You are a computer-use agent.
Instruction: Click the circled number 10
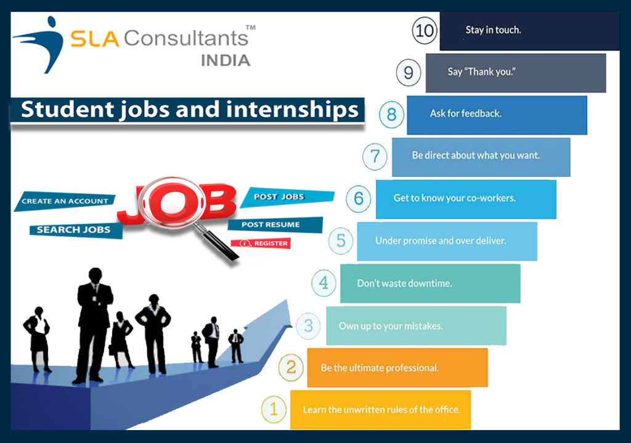pyautogui.click(x=425, y=30)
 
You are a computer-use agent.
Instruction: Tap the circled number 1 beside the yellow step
pyautogui.click(x=274, y=410)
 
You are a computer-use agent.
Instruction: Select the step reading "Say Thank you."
pyautogui.click(x=516, y=73)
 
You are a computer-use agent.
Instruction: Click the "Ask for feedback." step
pyautogui.click(x=497, y=115)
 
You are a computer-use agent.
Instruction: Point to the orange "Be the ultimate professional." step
pyautogui.click(x=397, y=368)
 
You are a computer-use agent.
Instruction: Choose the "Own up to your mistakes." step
pyautogui.click(x=416, y=326)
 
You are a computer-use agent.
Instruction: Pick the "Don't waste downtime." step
pyautogui.click(x=430, y=283)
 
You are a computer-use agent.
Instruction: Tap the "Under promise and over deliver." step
pyautogui.click(x=447, y=241)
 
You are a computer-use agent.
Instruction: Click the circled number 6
pyautogui.click(x=359, y=198)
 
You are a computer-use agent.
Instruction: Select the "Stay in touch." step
pyautogui.click(x=529, y=30)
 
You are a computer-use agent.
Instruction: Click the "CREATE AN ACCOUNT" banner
pyautogui.click(x=65, y=201)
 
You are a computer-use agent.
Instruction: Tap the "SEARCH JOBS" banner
pyautogui.click(x=74, y=230)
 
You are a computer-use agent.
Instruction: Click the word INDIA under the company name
pyautogui.click(x=226, y=60)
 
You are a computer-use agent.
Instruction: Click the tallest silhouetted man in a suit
pyautogui.click(x=94, y=323)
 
